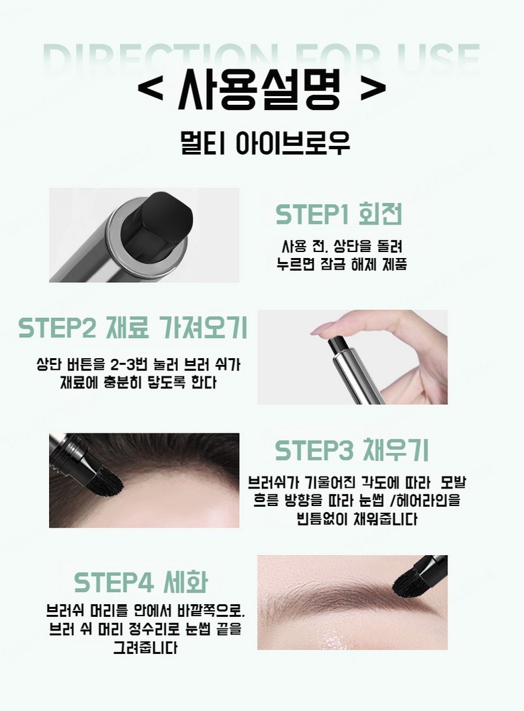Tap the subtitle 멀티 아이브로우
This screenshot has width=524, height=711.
coord(265,142)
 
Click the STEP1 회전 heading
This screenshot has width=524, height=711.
coord(339,214)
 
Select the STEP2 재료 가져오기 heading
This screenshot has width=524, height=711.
coord(133,327)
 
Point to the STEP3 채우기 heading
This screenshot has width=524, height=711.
coord(352,450)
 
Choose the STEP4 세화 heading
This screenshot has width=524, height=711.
coord(141,582)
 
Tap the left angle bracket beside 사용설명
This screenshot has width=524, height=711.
coord(149,89)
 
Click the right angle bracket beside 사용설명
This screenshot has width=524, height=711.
coord(373,89)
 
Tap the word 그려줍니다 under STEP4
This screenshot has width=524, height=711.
coord(145,648)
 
